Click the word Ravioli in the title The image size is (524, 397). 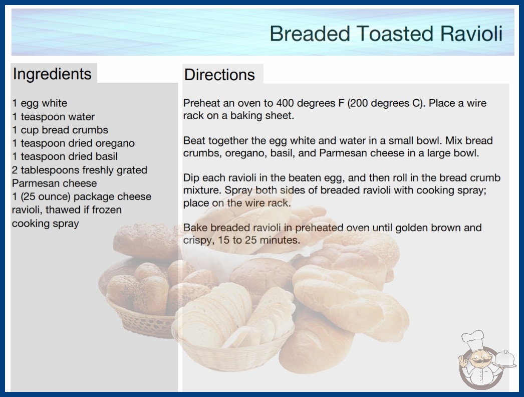coord(471,34)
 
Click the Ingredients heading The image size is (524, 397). coord(52,74)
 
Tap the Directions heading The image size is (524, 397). coord(219,75)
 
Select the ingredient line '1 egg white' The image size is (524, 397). coord(40,103)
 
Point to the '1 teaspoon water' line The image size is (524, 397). coord(54,116)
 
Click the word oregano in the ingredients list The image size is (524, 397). coord(115,143)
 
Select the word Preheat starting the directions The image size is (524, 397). coord(201,103)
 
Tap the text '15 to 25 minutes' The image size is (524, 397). coord(258,240)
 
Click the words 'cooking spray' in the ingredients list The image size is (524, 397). coord(46,224)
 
